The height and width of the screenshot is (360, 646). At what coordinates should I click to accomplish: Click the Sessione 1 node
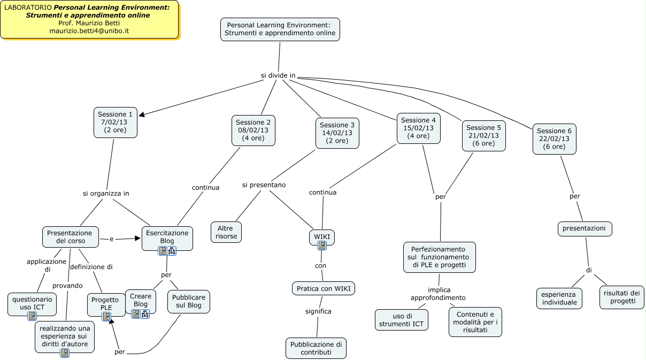116,122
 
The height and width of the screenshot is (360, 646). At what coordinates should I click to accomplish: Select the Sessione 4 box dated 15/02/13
418,128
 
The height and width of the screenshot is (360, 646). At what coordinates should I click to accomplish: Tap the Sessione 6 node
554,139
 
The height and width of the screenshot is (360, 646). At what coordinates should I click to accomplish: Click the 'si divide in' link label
278,75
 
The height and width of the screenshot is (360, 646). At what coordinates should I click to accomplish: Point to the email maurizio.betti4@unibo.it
89,31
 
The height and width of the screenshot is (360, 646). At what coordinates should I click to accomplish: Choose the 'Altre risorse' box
226,232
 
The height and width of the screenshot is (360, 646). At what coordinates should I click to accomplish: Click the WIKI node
322,236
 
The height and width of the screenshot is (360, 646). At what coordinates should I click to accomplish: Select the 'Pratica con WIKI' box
324,289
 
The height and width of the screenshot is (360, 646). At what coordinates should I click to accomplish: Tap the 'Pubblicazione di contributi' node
316,348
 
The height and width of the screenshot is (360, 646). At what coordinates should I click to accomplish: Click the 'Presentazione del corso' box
70,237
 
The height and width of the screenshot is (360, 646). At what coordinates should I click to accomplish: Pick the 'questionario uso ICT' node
32,303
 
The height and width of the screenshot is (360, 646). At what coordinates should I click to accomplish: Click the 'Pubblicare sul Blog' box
188,301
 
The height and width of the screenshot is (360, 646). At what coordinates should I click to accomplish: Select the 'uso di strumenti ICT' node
401,319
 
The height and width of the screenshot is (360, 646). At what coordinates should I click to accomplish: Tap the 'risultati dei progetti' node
621,296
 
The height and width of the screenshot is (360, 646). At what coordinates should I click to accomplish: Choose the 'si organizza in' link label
106,193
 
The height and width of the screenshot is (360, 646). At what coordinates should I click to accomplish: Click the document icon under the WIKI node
322,246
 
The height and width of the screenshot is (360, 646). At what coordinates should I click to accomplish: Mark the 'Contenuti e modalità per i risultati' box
475,321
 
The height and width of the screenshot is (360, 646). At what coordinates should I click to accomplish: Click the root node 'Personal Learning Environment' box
280,29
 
